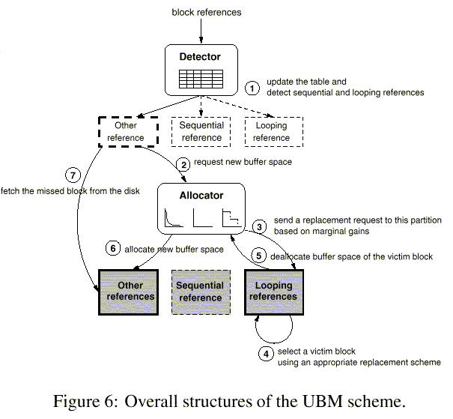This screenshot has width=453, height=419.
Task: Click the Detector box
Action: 201,70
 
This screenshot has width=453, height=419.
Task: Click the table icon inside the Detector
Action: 201,78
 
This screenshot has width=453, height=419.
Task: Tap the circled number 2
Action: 182,163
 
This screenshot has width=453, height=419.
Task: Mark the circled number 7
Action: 72,175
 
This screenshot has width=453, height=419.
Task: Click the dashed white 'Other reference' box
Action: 127,132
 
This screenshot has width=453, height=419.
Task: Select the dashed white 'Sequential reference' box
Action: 201,132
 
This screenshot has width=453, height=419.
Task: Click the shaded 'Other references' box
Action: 130,291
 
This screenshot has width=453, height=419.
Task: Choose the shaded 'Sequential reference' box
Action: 201,291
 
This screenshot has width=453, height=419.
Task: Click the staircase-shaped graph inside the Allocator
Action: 230,218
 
